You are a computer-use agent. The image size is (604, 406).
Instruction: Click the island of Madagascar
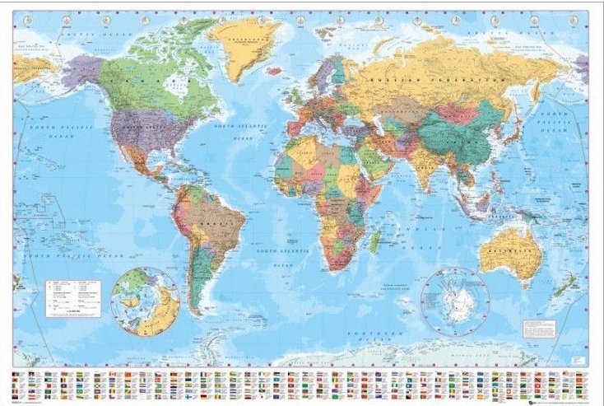pos(376,240)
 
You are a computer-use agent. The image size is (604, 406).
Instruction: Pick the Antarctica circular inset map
pos(453,299)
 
